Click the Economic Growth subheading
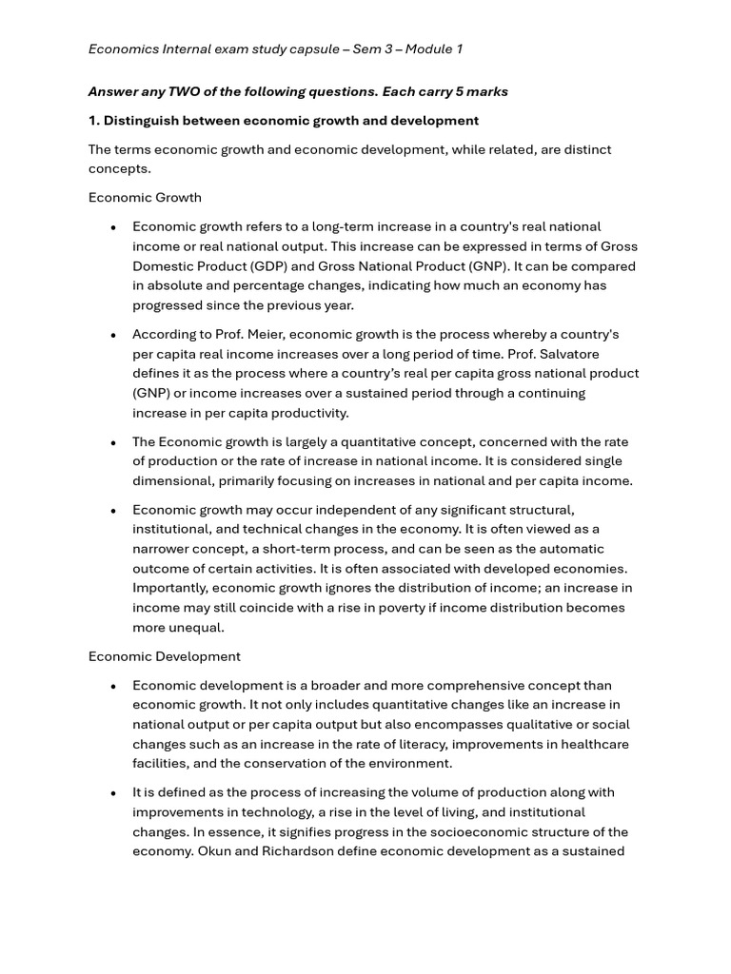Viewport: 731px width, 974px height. (x=145, y=197)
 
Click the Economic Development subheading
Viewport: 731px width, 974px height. (x=165, y=656)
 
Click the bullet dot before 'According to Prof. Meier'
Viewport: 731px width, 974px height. (x=113, y=335)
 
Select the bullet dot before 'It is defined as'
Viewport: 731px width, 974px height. (x=113, y=793)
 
